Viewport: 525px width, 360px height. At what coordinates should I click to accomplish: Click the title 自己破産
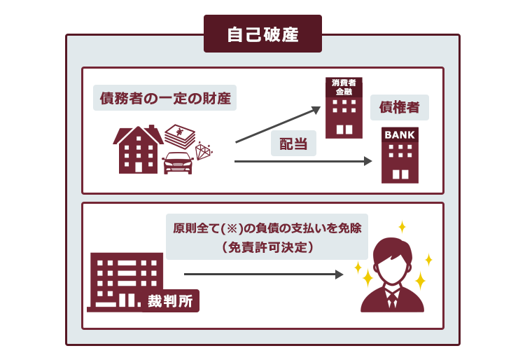pos(262,34)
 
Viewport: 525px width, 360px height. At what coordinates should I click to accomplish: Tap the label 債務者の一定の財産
pos(165,98)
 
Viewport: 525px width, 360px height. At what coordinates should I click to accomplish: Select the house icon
pos(138,149)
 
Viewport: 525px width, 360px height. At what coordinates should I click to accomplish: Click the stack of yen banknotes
pos(180,137)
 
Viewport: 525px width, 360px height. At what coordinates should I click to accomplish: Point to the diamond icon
pos(204,151)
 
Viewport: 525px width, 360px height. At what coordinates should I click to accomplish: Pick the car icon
pos(178,163)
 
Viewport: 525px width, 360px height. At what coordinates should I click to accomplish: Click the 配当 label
pos(293,144)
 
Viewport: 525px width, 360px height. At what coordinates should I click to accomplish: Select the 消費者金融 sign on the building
pos(344,87)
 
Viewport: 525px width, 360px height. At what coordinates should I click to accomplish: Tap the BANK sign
pos(400,135)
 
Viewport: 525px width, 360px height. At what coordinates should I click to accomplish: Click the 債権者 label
pos(399,107)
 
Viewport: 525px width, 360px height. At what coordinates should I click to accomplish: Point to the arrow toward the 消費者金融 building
pos(278,125)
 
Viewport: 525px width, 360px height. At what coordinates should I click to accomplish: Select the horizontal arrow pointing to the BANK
pos(303,161)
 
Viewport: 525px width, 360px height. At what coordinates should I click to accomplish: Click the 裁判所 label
pos(170,301)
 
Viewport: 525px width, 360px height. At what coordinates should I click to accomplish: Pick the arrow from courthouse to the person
pos(263,275)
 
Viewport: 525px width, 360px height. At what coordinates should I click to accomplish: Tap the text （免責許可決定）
pos(267,247)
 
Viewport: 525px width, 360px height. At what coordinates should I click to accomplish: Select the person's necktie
pos(392,299)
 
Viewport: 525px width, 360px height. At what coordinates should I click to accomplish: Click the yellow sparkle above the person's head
pos(402,227)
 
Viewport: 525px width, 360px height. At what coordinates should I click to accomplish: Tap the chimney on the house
pos(151,128)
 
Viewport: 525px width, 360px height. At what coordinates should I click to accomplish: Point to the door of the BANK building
pos(400,174)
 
